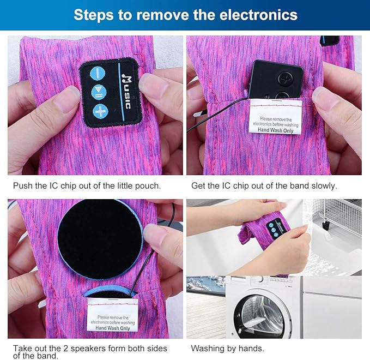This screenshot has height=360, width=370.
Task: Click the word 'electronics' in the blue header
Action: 258,15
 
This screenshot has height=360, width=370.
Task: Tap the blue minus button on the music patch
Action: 98,74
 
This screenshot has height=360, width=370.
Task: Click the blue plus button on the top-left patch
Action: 100,111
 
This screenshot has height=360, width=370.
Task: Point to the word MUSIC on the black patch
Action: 126,92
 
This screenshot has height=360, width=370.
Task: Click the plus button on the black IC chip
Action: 286,77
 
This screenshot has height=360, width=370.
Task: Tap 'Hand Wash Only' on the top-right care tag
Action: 275,130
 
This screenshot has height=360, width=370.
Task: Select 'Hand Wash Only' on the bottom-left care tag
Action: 113,328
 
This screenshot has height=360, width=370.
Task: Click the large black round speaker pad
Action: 100,239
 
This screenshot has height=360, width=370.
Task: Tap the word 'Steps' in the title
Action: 94,15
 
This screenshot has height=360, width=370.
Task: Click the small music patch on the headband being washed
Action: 277,228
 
